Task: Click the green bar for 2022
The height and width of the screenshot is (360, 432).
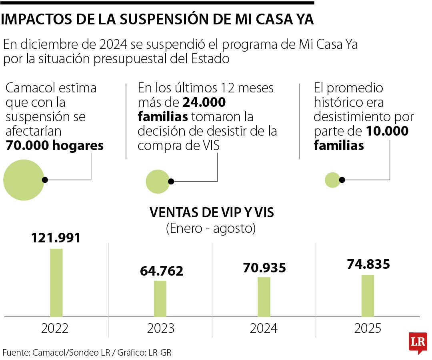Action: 56,282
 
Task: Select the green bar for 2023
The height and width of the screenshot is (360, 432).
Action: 160,298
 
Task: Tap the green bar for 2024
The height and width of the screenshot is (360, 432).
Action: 264,296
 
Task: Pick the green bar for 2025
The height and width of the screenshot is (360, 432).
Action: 368,296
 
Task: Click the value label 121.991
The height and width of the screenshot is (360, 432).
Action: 56,238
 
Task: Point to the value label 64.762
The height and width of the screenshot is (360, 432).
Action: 161,271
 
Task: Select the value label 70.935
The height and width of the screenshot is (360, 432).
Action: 264,267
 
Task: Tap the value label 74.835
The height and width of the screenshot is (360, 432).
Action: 368,264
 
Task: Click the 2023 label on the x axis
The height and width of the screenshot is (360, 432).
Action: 160,328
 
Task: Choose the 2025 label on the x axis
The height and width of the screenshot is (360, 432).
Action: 368,328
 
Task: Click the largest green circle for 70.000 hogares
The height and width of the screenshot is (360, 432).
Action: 23,180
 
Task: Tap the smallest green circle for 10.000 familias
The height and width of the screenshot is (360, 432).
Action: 332,180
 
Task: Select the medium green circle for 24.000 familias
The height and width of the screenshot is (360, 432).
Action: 158,181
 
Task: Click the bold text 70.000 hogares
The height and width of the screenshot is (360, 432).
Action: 54,146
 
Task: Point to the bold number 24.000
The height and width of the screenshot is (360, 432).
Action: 204,102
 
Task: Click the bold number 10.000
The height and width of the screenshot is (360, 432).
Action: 386,131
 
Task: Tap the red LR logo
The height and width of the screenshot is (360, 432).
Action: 418,342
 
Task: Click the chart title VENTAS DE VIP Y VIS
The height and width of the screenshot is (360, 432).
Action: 212,212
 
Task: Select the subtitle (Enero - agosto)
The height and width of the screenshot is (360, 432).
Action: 211,228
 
